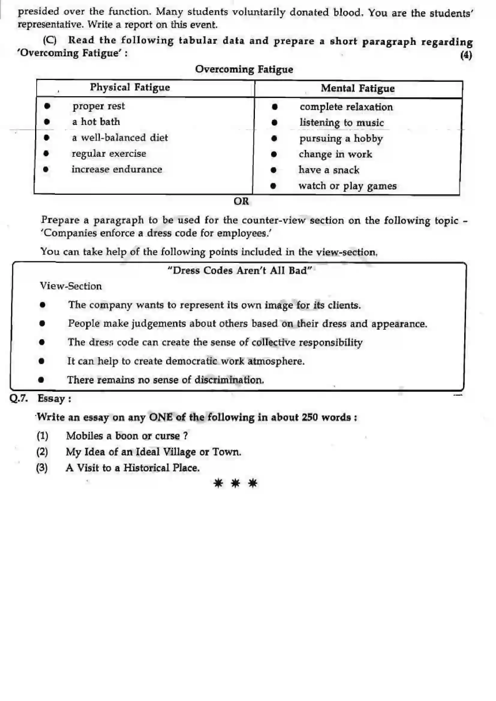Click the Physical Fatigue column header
point(130,87)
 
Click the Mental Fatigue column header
point(358,88)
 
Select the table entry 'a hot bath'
point(96,122)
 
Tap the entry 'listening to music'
point(342,123)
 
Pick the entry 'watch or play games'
point(347,186)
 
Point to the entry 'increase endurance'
point(117,169)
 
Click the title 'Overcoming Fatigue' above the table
point(244,69)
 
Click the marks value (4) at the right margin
point(466,55)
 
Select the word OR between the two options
point(241,201)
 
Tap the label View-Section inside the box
point(71,286)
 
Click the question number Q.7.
point(19,399)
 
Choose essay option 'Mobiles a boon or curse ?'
point(127,436)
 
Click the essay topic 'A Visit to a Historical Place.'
point(133,468)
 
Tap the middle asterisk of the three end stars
point(235,484)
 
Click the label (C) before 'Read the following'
point(50,40)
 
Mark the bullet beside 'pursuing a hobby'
point(274,139)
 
